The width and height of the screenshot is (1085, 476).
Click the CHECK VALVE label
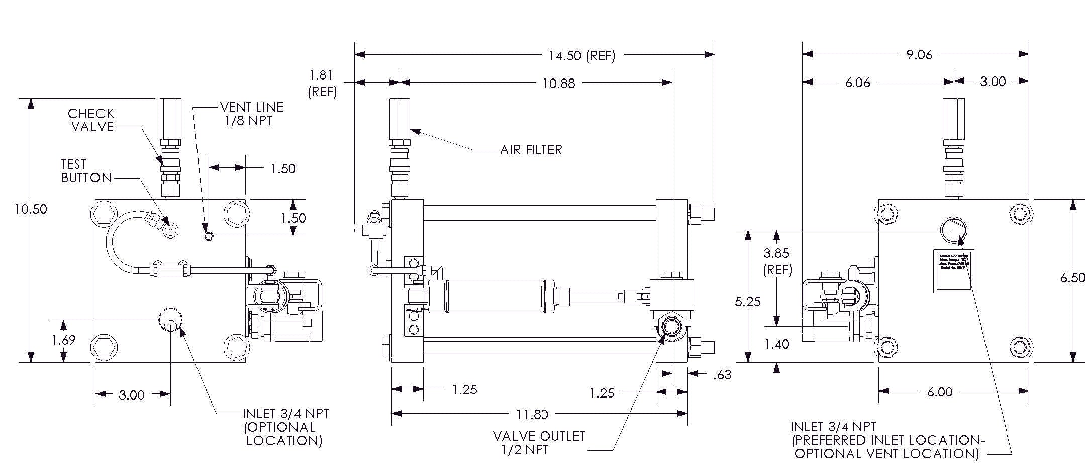coord(91,120)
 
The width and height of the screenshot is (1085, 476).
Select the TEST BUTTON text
coord(86,171)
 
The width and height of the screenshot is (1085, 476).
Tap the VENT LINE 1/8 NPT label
coord(251,114)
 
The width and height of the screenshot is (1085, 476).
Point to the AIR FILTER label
coord(531,150)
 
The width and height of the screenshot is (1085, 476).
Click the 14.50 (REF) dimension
coord(581,56)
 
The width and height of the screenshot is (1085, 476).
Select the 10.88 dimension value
coord(558,84)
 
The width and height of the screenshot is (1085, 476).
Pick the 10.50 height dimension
coord(31,209)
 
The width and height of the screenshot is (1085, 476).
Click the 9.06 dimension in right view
coord(919,55)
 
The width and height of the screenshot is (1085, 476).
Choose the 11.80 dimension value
coord(532,415)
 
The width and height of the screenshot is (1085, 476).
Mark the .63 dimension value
coord(722,375)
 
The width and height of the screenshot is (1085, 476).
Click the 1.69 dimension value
coord(63,341)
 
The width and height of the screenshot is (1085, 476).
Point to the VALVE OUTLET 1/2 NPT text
coord(539,443)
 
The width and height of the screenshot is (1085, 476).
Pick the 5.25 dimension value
coord(748,302)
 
